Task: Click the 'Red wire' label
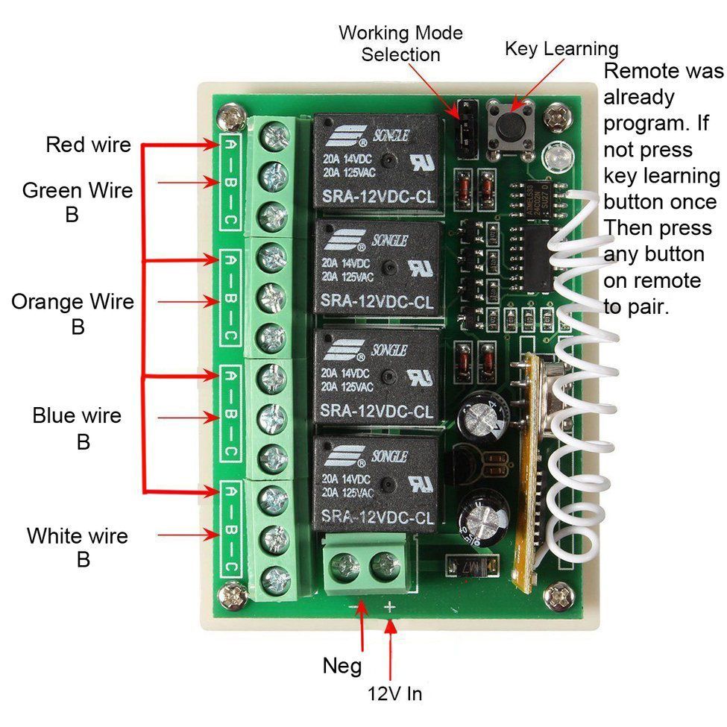pyautogui.click(x=88, y=144)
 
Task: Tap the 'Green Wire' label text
pyautogui.click(x=78, y=190)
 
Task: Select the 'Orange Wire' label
pyautogui.click(x=73, y=302)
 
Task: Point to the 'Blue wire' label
pyautogui.click(x=77, y=415)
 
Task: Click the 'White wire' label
pyautogui.click(x=78, y=536)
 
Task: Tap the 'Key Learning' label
pyautogui.click(x=561, y=49)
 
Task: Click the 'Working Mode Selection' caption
pyautogui.click(x=400, y=44)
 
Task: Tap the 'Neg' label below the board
pyautogui.click(x=342, y=665)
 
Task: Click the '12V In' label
pyautogui.click(x=395, y=693)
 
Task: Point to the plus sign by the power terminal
pyautogui.click(x=389, y=608)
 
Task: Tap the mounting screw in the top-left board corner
pyautogui.click(x=228, y=118)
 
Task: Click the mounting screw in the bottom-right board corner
pyautogui.click(x=558, y=594)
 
